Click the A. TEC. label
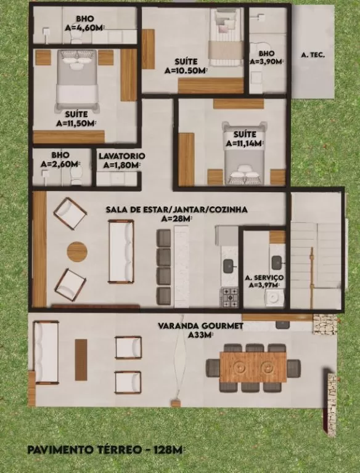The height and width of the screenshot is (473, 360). [313, 55]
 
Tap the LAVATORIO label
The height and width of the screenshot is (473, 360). [121, 156]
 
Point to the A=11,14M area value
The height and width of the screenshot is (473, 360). [245, 144]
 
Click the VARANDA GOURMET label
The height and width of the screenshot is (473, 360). [200, 326]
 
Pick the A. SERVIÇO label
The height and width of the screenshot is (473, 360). [264, 278]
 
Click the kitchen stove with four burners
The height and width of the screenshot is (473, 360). [231, 297]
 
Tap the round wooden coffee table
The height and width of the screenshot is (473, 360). [77, 251]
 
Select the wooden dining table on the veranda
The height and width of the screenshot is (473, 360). [253, 367]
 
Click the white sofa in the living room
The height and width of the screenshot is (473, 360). [121, 251]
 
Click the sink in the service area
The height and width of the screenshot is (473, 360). [277, 262]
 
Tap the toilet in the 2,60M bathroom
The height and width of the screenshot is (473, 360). [75, 176]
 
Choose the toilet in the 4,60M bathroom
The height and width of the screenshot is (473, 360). [76, 37]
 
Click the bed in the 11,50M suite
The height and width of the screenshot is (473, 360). [78, 81]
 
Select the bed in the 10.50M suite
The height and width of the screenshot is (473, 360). [227, 36]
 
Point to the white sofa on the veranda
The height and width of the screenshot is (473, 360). [46, 352]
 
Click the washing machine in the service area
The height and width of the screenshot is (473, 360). [274, 297]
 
